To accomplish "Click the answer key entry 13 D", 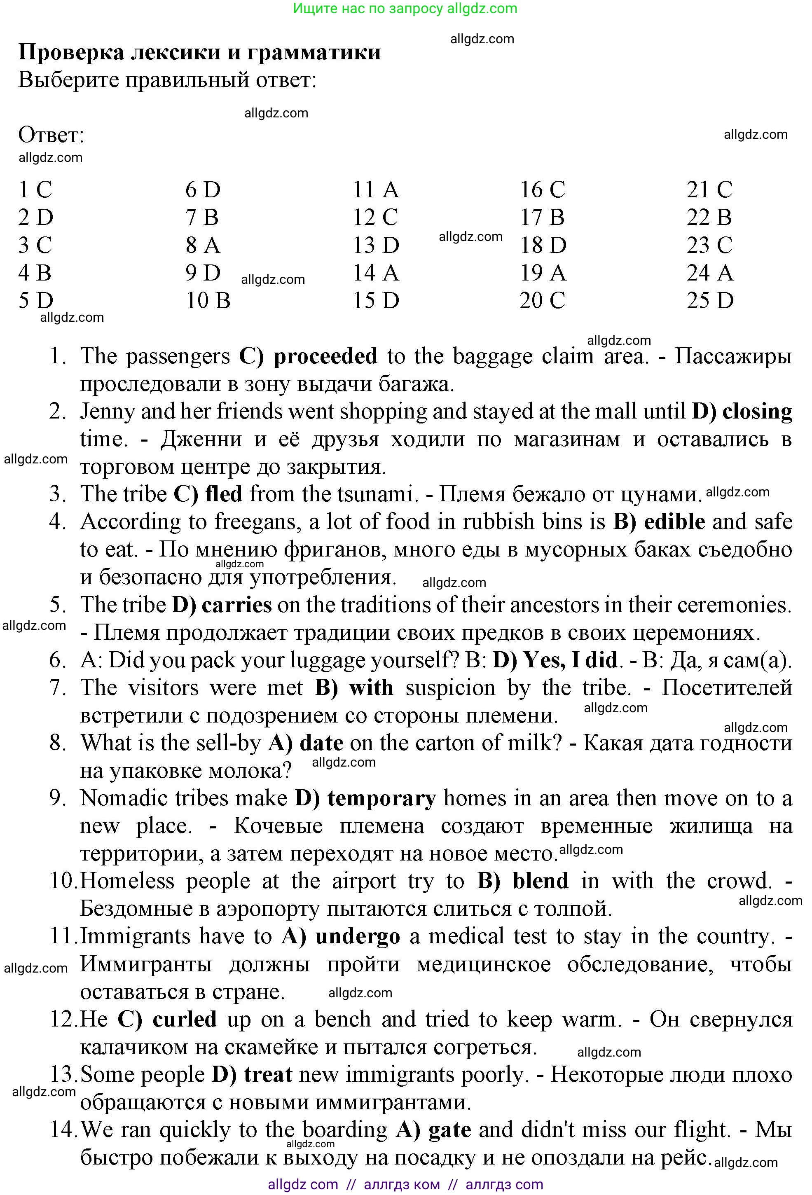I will pos(375,245).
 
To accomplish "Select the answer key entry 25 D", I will pos(710,301).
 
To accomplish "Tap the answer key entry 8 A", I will pos(203,245).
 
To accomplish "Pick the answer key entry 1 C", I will pos(35,190).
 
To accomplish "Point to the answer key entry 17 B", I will pos(542,217).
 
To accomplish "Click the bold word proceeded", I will pos(325,356).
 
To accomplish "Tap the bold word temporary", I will pos(381,799).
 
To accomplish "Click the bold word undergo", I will pos(358,936).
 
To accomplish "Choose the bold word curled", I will pos(184,1019).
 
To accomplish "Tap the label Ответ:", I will pos(51,135).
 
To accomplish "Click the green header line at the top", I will pos(405,9).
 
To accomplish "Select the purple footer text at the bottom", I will pos(405,1185).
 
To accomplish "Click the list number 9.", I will pos(57,799).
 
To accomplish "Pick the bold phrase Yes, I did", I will pos(570,660).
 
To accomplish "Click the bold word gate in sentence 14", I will pos(449,1130).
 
